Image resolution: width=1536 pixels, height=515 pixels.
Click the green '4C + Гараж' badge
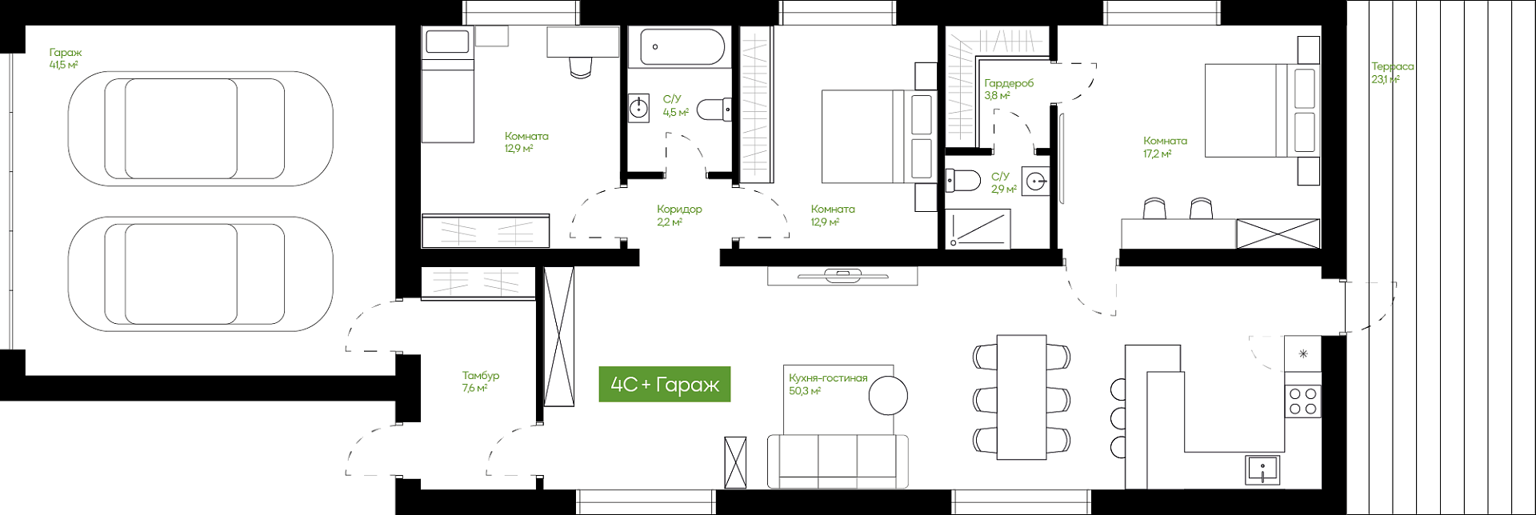(665, 384)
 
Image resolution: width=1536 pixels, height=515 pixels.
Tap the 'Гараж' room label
(66, 53)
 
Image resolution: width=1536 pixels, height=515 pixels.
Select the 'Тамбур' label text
(481, 375)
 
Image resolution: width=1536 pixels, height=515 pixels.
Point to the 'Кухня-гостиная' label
(828, 378)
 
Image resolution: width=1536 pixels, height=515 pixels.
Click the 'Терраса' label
(1393, 66)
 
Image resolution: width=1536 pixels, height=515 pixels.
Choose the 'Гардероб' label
(1009, 83)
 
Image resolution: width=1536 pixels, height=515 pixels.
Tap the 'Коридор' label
(679, 210)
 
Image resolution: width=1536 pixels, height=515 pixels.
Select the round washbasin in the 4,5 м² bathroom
(638, 107)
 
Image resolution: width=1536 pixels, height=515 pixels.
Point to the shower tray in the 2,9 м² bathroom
(978, 229)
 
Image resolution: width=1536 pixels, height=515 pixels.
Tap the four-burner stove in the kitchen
(1302, 401)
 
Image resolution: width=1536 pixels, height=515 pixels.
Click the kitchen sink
(1262, 469)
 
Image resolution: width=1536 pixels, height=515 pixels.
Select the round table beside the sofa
(888, 395)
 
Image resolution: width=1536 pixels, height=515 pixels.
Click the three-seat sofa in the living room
(838, 461)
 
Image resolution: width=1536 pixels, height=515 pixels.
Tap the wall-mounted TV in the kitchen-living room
(842, 277)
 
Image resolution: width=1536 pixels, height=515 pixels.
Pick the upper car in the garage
(201, 129)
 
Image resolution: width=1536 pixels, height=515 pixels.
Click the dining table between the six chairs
(1022, 397)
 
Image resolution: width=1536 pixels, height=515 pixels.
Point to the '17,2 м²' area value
(1157, 154)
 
